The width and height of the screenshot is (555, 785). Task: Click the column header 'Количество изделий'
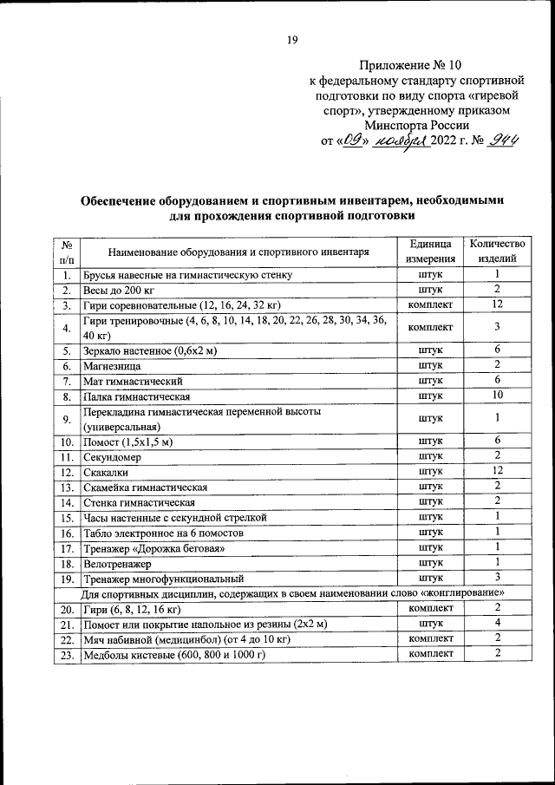pos(498,251)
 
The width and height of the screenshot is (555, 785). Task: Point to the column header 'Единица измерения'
pos(430,251)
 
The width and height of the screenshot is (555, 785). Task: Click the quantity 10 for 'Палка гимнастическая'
pos(498,396)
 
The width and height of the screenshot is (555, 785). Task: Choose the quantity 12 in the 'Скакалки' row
pos(498,471)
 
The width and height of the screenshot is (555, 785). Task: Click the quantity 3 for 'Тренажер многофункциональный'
pos(498,578)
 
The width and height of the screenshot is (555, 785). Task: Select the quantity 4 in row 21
pos(498,624)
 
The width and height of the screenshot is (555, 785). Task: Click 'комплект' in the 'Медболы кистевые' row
pos(430,654)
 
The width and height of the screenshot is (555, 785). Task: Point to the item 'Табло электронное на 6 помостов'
pos(163,533)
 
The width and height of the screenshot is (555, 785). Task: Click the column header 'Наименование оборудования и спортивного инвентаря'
pos(238,252)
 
